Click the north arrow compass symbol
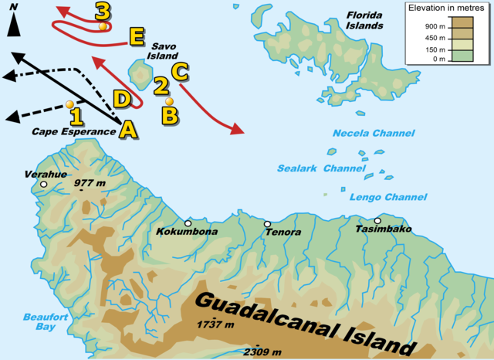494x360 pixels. [x=14, y=22]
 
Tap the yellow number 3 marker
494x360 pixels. [x=102, y=12]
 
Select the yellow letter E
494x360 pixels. [x=136, y=36]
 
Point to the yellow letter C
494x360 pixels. [x=178, y=71]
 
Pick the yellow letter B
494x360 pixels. [x=169, y=115]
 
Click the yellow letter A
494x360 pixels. [x=128, y=131]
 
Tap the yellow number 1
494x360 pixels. [x=76, y=117]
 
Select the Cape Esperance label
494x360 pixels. [x=73, y=131]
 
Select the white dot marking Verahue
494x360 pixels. [x=44, y=185]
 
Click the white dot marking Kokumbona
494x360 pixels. [x=188, y=222]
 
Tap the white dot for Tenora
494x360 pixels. [x=267, y=224]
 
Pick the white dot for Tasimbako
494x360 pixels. [x=377, y=220]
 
